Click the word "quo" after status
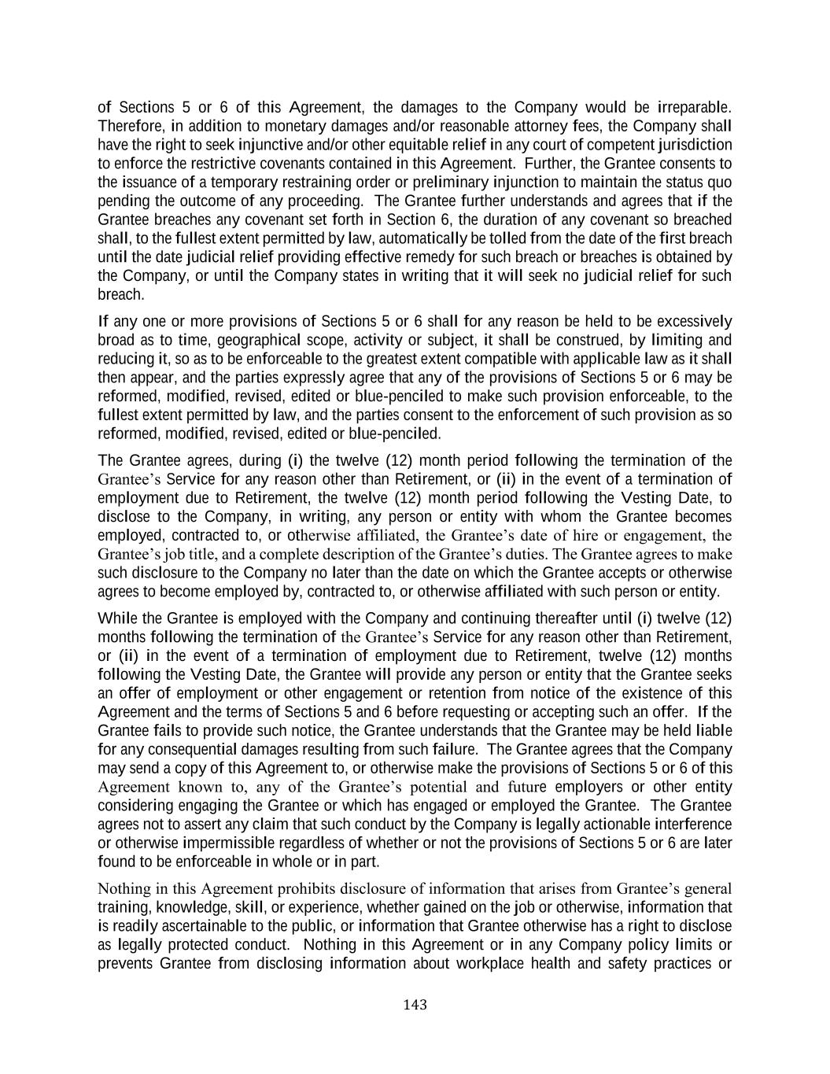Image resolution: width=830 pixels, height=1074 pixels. (x=720, y=182)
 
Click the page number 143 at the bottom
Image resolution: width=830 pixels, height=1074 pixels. (x=415, y=1005)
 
